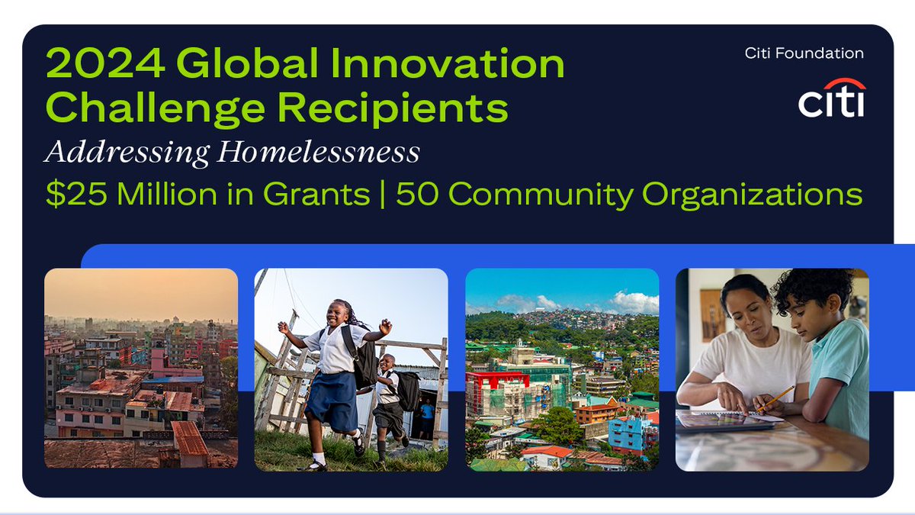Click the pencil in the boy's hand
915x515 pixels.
point(776,398)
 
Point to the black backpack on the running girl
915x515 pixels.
point(364,359)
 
